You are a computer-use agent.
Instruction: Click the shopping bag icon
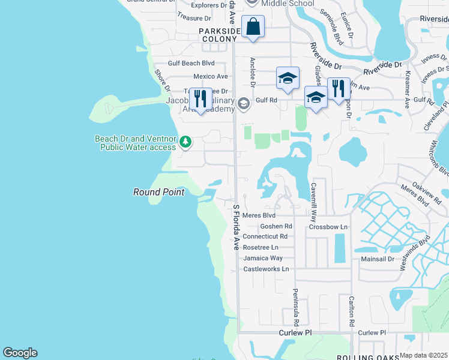click(x=253, y=27)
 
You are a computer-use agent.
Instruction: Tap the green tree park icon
click(x=186, y=142)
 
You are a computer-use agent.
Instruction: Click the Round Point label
click(x=158, y=192)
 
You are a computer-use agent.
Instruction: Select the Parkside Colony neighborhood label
click(x=219, y=34)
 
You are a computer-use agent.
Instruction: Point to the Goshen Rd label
click(x=276, y=226)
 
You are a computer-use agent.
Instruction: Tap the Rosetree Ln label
click(x=261, y=247)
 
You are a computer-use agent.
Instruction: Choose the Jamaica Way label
click(x=263, y=258)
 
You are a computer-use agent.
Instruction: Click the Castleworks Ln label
click(x=266, y=269)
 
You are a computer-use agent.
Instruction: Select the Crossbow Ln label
click(x=328, y=227)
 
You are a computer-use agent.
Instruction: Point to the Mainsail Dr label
click(x=378, y=259)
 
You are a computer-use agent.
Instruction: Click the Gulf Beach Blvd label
click(x=191, y=63)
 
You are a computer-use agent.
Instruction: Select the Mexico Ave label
click(x=210, y=77)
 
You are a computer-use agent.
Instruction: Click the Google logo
click(x=20, y=353)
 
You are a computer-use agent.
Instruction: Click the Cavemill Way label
click(x=313, y=196)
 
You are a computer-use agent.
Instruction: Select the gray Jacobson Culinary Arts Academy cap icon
click(x=243, y=103)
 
